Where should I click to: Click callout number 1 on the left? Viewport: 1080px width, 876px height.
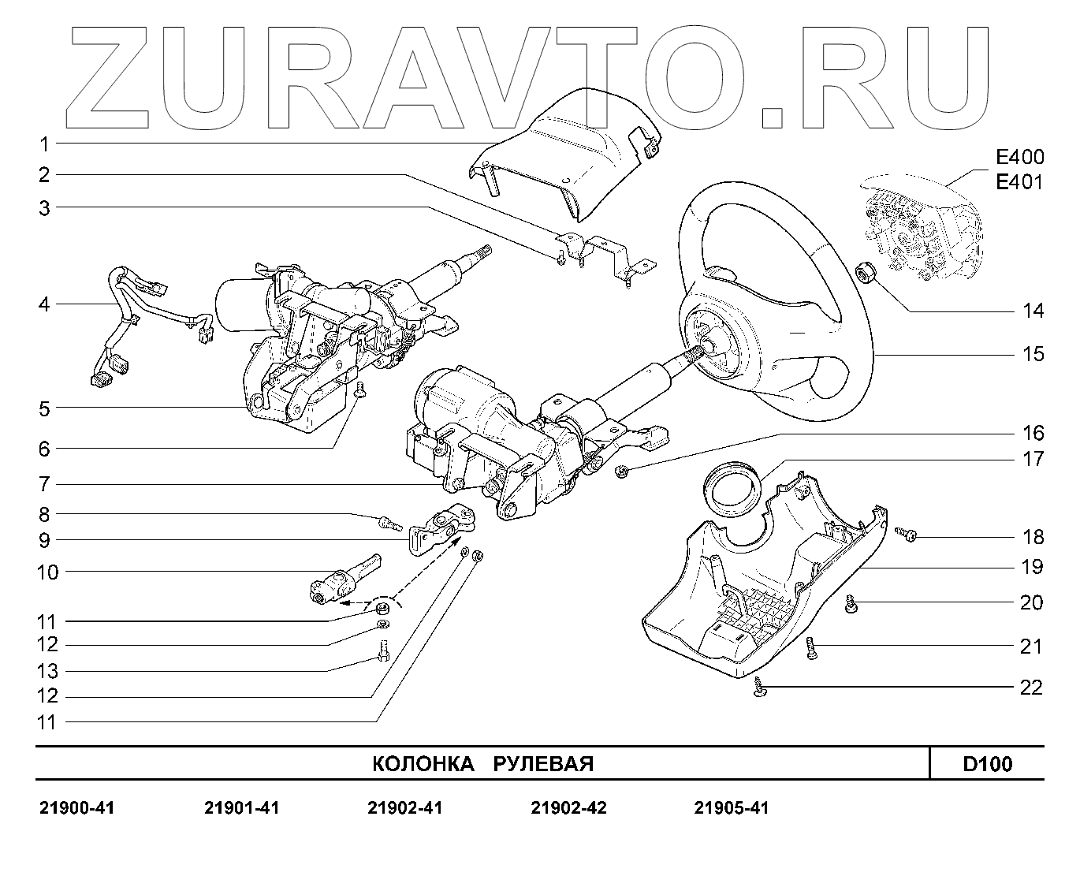click(x=45, y=144)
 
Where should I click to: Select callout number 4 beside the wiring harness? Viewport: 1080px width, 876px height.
click(x=45, y=304)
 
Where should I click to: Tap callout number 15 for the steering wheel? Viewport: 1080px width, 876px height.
click(x=1033, y=354)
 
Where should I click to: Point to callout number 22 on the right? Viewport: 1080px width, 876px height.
click(x=1031, y=688)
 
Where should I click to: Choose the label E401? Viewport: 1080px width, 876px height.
click(x=1019, y=183)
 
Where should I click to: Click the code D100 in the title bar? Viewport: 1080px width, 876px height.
click(x=987, y=764)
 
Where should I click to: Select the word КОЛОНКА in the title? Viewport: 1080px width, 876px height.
click(x=423, y=764)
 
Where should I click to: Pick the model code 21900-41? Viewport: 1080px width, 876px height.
click(x=76, y=808)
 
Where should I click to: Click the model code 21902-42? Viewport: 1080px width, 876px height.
click(x=568, y=808)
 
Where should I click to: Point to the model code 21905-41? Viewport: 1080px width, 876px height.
click(x=731, y=808)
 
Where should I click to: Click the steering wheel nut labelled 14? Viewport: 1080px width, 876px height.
click(x=865, y=274)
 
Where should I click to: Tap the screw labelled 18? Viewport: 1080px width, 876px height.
click(x=906, y=535)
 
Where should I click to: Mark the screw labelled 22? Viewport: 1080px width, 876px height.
click(x=760, y=689)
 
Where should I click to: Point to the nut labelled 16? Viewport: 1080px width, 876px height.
click(x=620, y=472)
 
